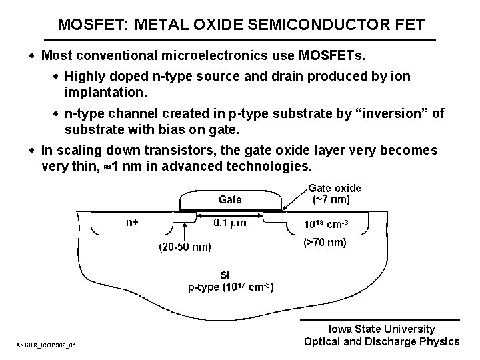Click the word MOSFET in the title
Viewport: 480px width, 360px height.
coord(87,25)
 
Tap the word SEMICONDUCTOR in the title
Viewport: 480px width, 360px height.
coord(309,25)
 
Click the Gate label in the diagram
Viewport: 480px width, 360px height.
coord(231,199)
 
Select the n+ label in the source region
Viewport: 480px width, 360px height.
coord(132,223)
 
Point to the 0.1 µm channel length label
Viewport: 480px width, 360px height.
coord(230,223)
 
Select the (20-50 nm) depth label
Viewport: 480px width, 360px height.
coord(185,248)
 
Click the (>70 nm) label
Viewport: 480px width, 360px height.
coord(325,243)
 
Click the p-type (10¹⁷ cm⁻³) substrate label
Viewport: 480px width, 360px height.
coord(230,287)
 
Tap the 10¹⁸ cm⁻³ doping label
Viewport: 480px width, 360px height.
coord(325,223)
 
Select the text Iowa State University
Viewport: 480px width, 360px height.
coord(383,329)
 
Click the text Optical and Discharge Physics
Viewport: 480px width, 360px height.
coord(381,341)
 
